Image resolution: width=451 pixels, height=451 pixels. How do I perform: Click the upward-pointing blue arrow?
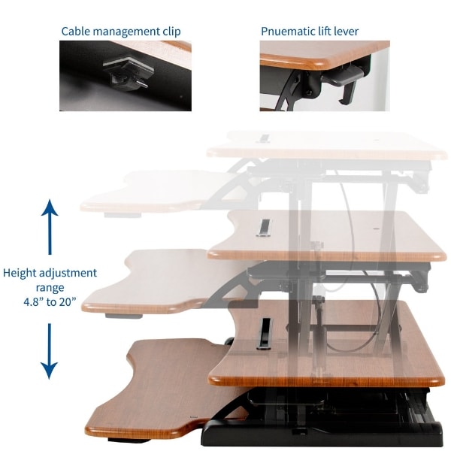[x=50, y=225]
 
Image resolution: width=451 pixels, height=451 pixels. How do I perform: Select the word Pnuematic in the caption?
[x=286, y=32]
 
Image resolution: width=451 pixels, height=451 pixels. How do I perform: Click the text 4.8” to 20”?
[x=50, y=302]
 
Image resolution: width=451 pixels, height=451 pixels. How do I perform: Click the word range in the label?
[x=50, y=287]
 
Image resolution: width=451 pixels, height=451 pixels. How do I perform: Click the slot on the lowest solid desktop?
[x=265, y=333]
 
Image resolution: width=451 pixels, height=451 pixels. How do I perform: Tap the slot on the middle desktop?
[x=263, y=226]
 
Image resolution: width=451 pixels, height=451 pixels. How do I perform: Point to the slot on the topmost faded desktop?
[x=265, y=138]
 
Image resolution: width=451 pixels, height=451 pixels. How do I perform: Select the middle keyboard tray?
[x=143, y=282]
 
